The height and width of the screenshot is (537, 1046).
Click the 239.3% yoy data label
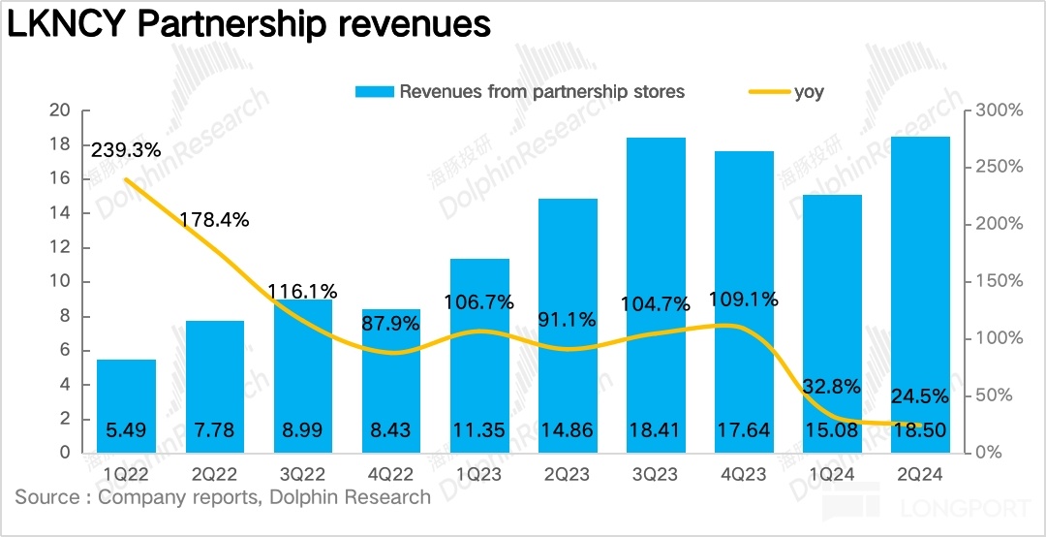[126, 150]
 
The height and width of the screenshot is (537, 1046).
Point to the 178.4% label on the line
[214, 220]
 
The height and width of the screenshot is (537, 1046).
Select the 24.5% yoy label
[920, 395]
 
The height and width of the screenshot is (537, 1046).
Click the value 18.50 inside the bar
[920, 429]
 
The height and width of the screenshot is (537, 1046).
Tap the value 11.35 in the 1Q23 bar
[479, 429]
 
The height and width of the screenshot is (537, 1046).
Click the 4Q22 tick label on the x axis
[391, 474]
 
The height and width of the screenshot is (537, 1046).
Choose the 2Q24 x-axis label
[920, 474]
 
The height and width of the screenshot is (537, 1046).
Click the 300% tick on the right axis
[998, 111]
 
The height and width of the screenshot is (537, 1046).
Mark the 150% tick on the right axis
[998, 281]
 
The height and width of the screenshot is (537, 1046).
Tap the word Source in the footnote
[46, 497]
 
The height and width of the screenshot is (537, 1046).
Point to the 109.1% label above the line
[744, 300]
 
